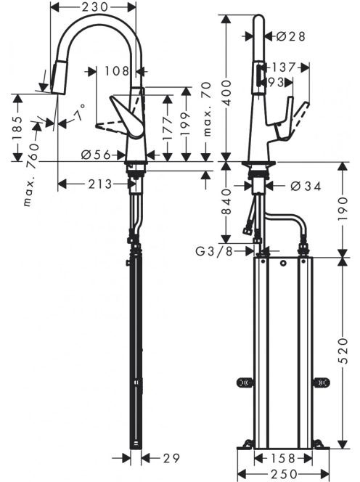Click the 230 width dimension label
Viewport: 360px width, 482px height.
(94, 7)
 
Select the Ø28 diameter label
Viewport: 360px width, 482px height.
(290, 36)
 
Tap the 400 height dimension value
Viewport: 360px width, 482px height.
(226, 92)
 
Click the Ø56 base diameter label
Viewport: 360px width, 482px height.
(96, 155)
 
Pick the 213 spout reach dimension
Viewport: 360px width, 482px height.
(100, 184)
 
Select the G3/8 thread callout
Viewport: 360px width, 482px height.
(214, 251)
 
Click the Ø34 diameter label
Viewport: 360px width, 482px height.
(306, 186)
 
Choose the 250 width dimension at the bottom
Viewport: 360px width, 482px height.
(284, 474)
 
